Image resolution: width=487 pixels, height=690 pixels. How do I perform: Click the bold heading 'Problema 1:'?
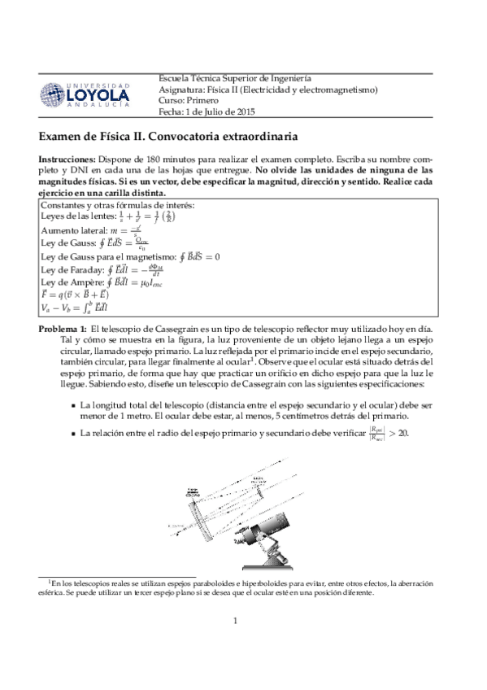point(63,328)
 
